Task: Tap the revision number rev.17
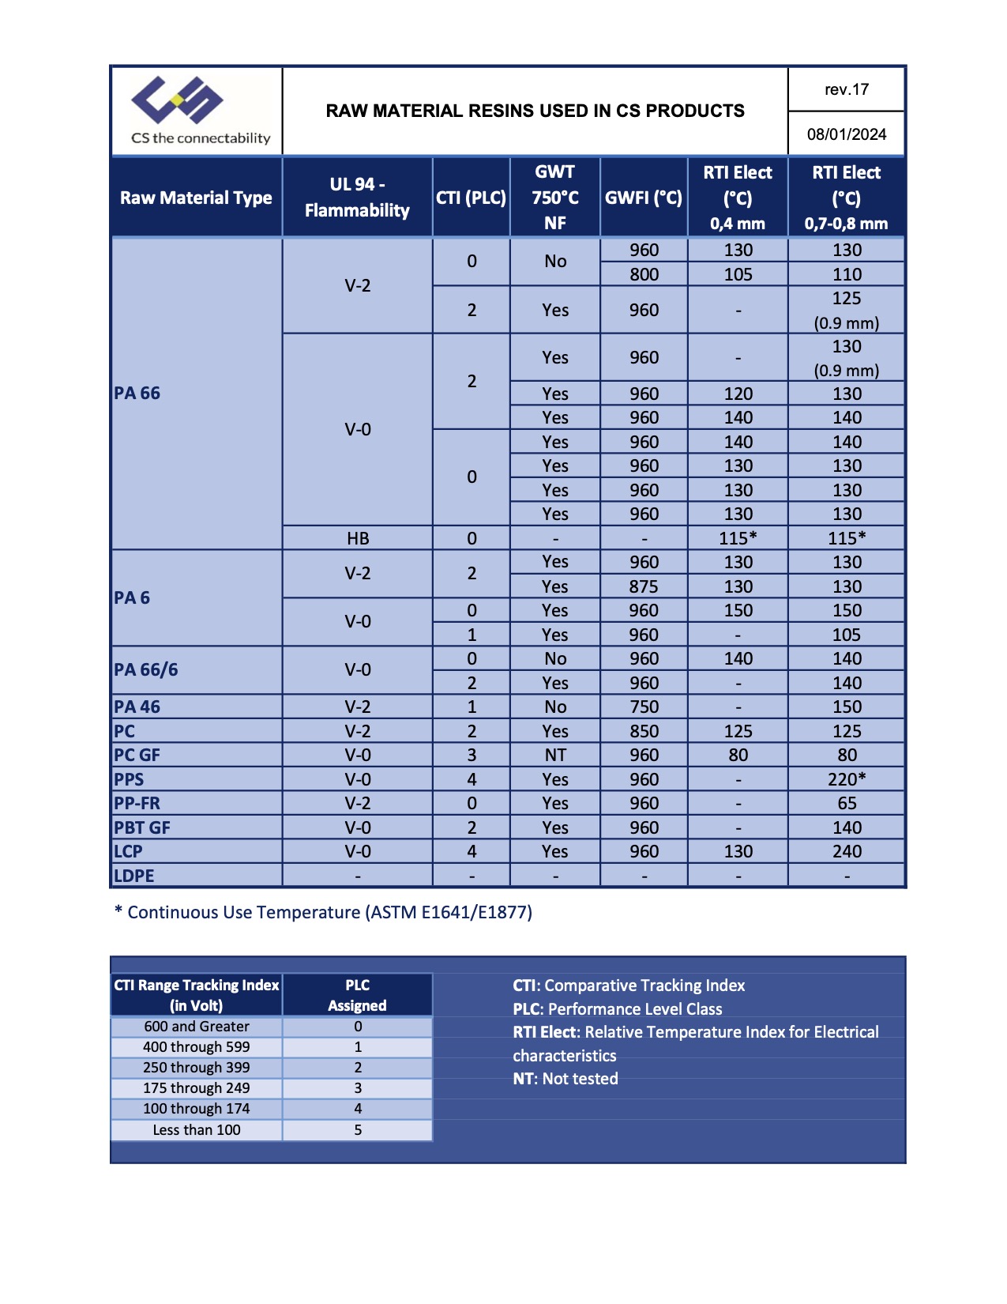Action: [847, 89]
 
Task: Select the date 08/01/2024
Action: [847, 134]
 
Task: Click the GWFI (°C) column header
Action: [644, 198]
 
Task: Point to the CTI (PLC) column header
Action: [472, 198]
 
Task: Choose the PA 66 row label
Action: [137, 394]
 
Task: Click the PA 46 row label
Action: [137, 707]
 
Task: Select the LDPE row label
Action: [134, 876]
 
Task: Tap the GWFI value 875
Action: [644, 586]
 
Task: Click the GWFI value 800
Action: [644, 274]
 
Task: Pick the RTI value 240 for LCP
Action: [847, 851]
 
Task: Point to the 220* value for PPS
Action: [847, 779]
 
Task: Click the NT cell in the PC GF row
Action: [555, 755]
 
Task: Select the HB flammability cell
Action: [358, 538]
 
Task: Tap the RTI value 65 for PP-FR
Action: [847, 803]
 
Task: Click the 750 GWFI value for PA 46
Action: [644, 707]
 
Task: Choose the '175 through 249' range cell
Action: [196, 1088]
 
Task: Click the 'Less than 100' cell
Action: [196, 1130]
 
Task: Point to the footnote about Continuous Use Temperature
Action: [324, 913]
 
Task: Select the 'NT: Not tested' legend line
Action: [565, 1079]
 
